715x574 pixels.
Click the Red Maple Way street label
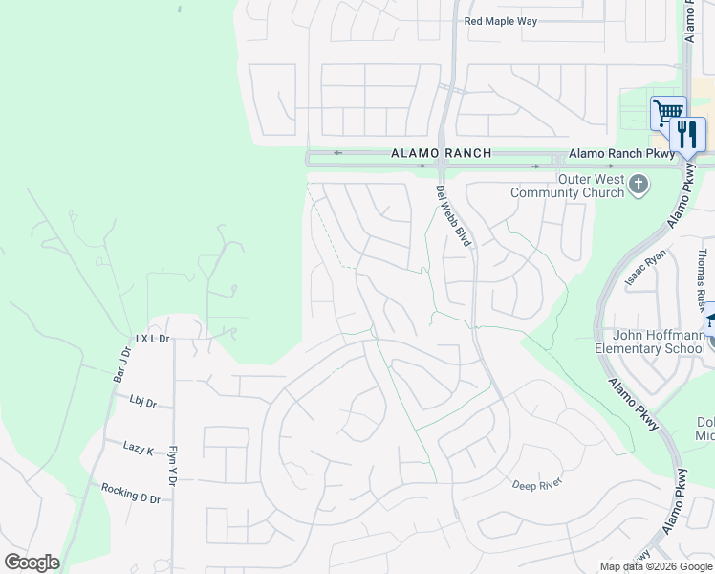point(501,21)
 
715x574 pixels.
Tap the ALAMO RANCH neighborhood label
point(442,153)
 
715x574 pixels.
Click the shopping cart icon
point(667,112)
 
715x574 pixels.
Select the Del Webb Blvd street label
point(454,217)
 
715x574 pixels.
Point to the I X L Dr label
point(152,339)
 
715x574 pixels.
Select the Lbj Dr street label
point(142,404)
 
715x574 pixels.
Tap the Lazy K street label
point(139,448)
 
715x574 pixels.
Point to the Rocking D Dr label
point(131,493)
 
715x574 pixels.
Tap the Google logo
point(32,563)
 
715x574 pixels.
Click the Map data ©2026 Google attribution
point(656,566)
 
